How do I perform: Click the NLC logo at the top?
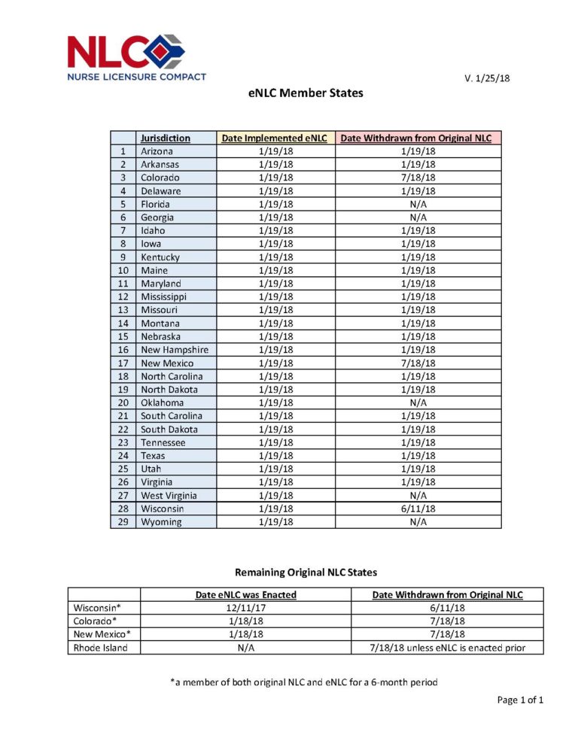pyautogui.click(x=136, y=56)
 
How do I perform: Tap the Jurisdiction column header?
pyautogui.click(x=165, y=138)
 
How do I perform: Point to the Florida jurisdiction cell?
pyautogui.click(x=155, y=205)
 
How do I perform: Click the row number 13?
pyautogui.click(x=123, y=310)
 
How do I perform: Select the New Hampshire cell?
pyautogui.click(x=174, y=350)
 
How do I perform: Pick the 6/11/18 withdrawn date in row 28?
pyautogui.click(x=418, y=509)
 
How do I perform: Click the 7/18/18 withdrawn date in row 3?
pyautogui.click(x=418, y=178)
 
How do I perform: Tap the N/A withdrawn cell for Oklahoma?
pyautogui.click(x=418, y=402)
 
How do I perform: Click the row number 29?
pyautogui.click(x=123, y=522)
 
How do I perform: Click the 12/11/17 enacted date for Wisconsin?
pyautogui.click(x=246, y=608)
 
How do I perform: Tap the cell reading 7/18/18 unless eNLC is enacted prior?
pyautogui.click(x=448, y=648)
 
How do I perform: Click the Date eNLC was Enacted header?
pyautogui.click(x=246, y=595)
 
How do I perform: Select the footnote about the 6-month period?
pyautogui.click(x=304, y=682)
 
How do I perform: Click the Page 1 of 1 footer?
pyautogui.click(x=520, y=700)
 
